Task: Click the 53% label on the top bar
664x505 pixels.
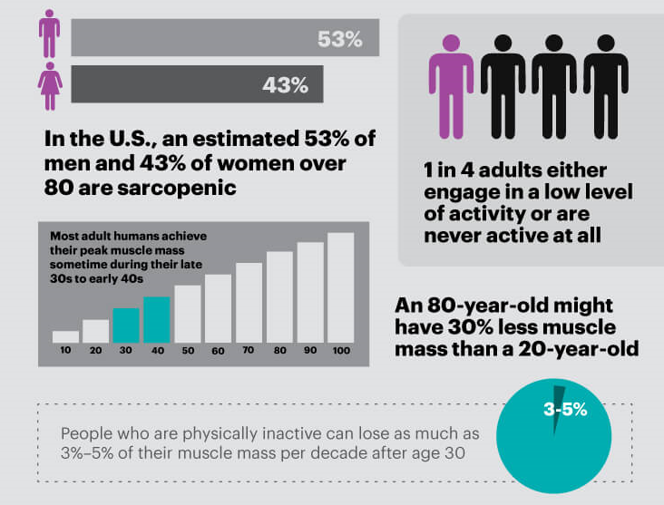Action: coord(339,39)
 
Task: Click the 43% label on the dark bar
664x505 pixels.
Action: coord(285,85)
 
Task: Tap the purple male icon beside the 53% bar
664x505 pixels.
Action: coord(49,34)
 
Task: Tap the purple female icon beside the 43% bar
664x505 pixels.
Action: coord(49,84)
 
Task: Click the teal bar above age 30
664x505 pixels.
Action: coord(126,325)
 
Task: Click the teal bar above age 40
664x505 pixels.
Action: coord(157,319)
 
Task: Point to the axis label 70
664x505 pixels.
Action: coord(249,351)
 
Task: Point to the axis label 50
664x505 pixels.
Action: coord(188,351)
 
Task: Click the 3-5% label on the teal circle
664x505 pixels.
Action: coord(565,410)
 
